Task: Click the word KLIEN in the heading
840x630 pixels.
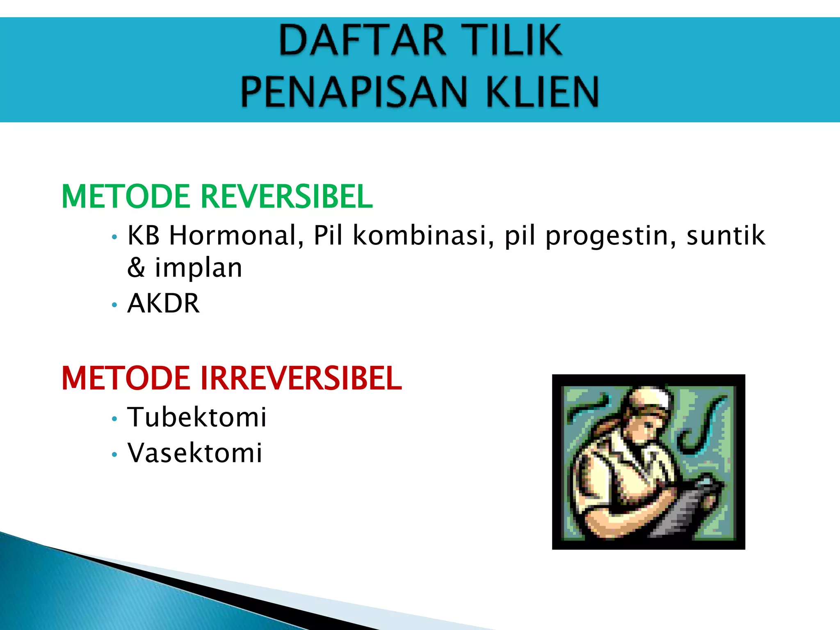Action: (x=542, y=91)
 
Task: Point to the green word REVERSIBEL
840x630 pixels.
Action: (x=286, y=196)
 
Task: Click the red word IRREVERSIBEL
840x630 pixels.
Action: (x=301, y=378)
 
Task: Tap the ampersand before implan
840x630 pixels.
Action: (x=136, y=268)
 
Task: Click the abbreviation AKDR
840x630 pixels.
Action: (x=163, y=304)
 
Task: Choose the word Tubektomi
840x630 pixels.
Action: (x=197, y=417)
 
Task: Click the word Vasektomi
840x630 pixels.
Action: (x=195, y=453)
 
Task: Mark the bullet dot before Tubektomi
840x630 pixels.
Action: (x=114, y=419)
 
